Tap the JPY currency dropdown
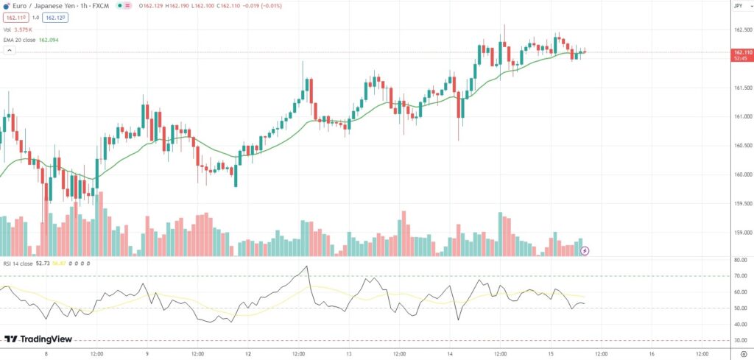(738, 6)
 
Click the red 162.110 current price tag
(741, 52)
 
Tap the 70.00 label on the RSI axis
(739, 276)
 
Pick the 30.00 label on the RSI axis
(739, 340)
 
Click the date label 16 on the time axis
(652, 353)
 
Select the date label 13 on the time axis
(348, 353)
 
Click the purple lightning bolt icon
(585, 250)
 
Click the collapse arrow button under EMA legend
(10, 51)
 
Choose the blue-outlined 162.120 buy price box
(54, 17)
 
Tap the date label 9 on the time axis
(147, 353)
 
